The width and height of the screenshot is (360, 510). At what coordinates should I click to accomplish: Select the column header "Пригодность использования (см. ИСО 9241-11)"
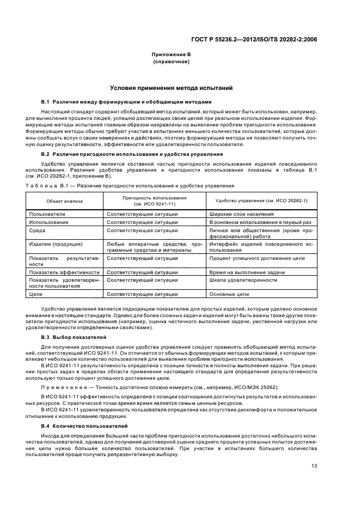pyautogui.click(x=154, y=201)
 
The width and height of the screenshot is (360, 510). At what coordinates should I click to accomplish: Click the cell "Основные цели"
pyautogui.click(x=229, y=294)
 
